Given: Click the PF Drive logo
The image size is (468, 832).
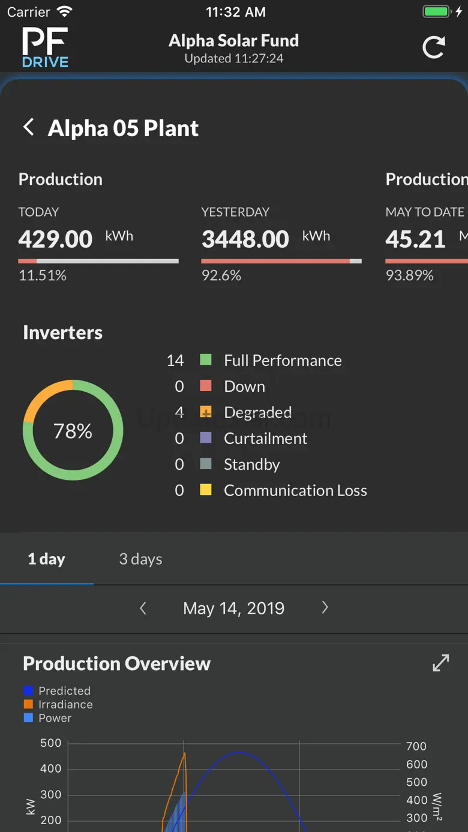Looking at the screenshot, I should (x=45, y=47).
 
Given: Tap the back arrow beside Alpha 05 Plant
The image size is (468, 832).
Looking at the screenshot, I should (x=28, y=127).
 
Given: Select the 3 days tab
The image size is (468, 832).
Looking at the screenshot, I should (x=140, y=559).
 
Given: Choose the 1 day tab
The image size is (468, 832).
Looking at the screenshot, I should (x=46, y=559).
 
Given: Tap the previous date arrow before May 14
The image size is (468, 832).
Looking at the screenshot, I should (x=143, y=608).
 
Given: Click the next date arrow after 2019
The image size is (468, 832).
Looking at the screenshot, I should (x=325, y=608).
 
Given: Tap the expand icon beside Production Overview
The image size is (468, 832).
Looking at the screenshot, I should (x=440, y=663).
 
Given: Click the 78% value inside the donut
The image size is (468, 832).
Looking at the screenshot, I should (x=73, y=431).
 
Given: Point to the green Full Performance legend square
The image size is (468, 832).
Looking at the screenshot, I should (x=206, y=360).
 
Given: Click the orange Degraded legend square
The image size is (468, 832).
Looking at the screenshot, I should (x=206, y=412).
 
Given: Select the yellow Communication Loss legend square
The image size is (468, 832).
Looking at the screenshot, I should (x=206, y=490).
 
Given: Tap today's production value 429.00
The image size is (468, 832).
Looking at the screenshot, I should (x=55, y=239).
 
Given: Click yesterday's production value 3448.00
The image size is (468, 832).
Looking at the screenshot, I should (x=245, y=239).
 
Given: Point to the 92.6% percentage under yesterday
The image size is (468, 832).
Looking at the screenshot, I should (x=221, y=275).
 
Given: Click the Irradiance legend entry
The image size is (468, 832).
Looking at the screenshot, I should (x=65, y=704).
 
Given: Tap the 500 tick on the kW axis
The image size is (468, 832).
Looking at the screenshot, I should (x=51, y=743).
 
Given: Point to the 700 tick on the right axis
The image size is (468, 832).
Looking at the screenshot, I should (x=416, y=746).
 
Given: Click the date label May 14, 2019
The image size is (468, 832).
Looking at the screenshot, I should (x=233, y=608).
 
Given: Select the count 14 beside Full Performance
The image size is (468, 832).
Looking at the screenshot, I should (x=175, y=360).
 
